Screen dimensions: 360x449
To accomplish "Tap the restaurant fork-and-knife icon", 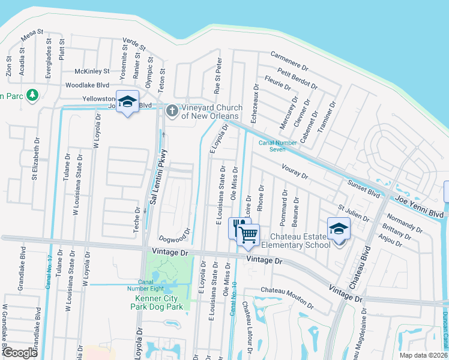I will tap(240, 226).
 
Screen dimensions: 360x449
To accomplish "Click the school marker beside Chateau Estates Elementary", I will tap(339, 229).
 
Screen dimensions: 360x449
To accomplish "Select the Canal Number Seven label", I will tap(278, 146).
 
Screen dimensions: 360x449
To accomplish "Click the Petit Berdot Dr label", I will tap(298, 79).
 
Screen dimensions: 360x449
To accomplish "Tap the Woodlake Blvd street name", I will tap(87, 85).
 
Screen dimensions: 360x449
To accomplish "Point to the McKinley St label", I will tap(92, 71).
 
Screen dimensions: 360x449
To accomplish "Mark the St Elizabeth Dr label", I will tap(36, 158).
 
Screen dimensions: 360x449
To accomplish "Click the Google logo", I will tap(20, 353).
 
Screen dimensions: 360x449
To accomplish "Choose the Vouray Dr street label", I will tap(291, 172).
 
